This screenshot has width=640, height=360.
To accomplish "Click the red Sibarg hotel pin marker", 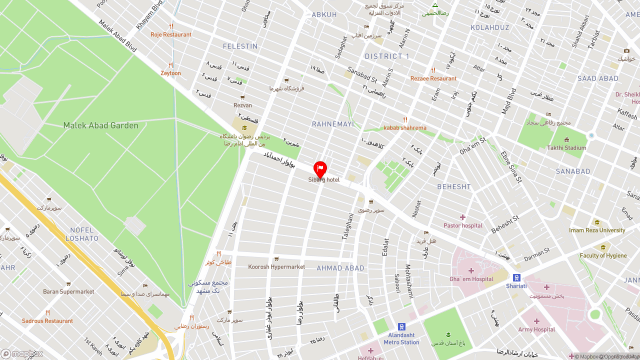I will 320,169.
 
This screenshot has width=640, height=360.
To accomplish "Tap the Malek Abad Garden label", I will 100,125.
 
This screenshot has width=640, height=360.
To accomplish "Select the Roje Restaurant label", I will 171,35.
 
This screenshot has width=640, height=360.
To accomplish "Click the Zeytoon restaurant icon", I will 171,65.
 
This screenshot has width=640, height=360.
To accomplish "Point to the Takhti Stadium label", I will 566,148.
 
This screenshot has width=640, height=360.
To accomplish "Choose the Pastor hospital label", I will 463,225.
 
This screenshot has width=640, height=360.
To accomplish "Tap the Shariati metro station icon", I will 516,277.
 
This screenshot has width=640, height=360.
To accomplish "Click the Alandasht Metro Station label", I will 401,339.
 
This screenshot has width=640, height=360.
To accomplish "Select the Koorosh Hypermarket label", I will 276,267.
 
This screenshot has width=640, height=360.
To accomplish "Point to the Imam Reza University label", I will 597,230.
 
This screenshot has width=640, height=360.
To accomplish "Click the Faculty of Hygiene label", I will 603,255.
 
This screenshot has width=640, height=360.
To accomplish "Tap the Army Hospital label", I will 536,329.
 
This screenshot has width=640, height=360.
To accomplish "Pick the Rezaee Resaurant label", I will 433,78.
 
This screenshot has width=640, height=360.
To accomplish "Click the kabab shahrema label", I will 405,127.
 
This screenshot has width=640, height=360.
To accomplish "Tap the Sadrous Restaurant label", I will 47,321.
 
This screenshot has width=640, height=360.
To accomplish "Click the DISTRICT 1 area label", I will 387,56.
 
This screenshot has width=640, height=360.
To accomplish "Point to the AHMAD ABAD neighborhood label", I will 340,268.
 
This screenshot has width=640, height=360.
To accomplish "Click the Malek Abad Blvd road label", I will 117,36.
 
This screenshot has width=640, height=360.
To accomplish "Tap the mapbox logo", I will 22,354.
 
